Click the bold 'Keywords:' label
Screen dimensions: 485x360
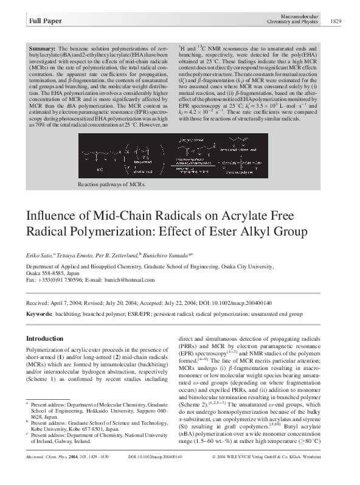coord(39,314)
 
